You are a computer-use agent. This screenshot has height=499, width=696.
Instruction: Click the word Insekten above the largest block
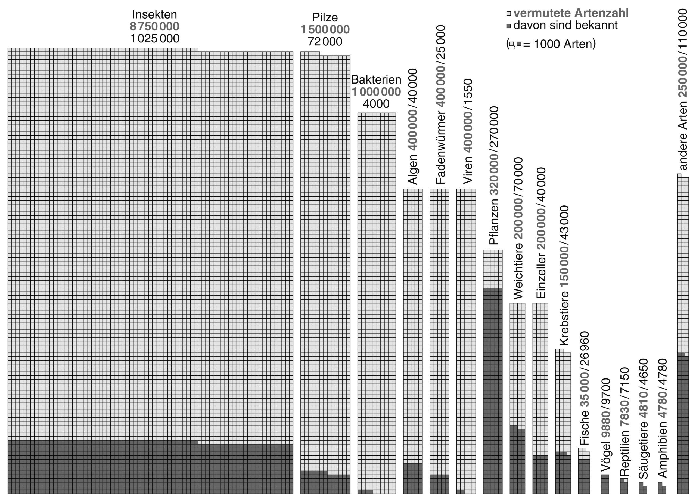pos(154,14)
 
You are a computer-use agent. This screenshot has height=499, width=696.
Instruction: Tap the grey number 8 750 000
pos(154,26)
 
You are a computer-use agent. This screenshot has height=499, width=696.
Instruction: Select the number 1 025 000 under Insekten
pos(154,39)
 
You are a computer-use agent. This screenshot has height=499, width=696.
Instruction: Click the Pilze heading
pos(325,17)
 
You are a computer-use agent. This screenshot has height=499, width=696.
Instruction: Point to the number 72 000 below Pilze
pos(325,41)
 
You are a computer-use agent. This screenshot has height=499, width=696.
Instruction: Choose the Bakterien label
pos(376,80)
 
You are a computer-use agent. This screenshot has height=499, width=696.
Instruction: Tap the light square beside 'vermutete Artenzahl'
pos(508,14)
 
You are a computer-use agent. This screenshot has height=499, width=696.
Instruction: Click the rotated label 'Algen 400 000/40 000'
pos(413,127)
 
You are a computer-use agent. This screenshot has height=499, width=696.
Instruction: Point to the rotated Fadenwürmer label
pos(440,105)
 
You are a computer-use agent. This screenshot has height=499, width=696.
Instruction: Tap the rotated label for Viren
pos(467,131)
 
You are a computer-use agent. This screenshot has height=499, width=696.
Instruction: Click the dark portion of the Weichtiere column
pos(517,459)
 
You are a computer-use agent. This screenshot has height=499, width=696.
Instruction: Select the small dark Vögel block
pos(605,484)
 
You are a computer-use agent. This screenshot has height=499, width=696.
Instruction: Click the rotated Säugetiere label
pos(643,418)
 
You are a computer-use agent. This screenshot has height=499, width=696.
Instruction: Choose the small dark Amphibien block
pos(662,488)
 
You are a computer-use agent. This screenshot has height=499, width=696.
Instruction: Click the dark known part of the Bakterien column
pos(365,492)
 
